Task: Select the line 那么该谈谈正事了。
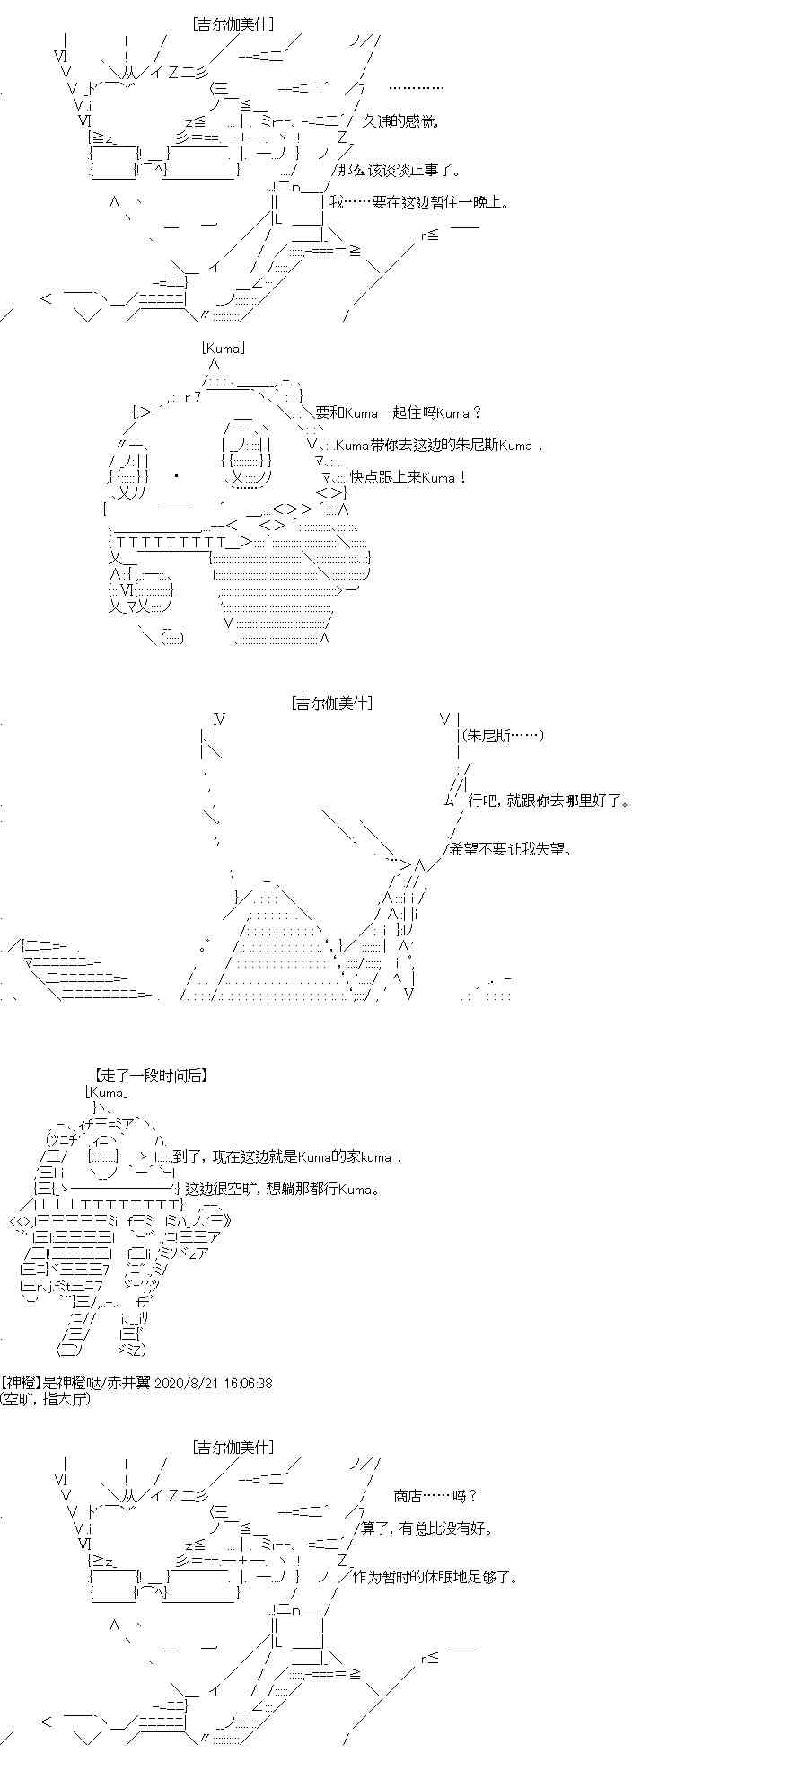coord(396,169)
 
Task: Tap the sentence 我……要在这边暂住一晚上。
coord(419,202)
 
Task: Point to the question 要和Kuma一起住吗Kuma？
coord(399,412)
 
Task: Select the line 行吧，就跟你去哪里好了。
coord(549,800)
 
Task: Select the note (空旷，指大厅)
coord(46,1399)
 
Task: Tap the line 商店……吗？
coord(435,1495)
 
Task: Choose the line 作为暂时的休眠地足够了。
coord(435,1576)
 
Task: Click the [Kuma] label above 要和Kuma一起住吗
coord(223,348)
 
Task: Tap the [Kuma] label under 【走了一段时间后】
coord(107,1092)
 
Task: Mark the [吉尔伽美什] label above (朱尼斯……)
coord(332,704)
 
